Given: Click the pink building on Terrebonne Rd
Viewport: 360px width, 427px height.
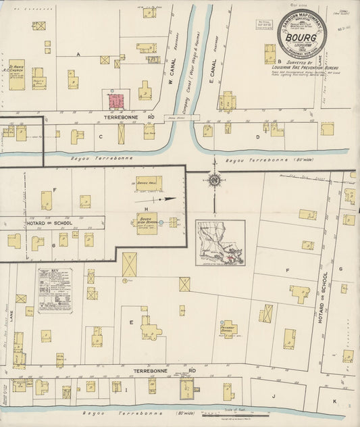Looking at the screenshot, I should point(117,102).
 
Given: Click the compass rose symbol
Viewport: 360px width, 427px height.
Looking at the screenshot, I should point(215,180).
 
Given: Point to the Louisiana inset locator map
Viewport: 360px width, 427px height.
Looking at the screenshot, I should point(220,243).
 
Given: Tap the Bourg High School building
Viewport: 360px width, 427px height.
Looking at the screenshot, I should point(147,224).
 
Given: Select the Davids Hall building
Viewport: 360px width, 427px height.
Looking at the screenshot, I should point(148,184).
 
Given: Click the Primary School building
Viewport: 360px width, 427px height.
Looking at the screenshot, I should point(228,328).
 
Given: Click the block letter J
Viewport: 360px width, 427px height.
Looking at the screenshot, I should point(274,396).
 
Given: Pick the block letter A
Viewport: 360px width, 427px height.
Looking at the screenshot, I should point(78,54).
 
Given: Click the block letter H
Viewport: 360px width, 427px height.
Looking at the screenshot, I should point(146,209).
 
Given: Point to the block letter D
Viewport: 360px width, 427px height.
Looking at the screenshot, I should point(257,137).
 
